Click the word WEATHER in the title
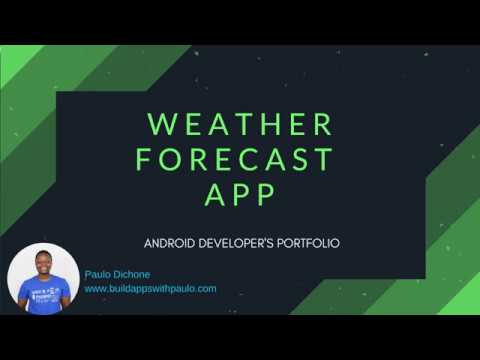240,125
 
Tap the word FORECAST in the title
234,160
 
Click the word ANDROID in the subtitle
170,243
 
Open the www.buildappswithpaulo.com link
150,288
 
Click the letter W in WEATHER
160,125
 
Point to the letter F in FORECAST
143,160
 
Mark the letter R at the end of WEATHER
323,125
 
